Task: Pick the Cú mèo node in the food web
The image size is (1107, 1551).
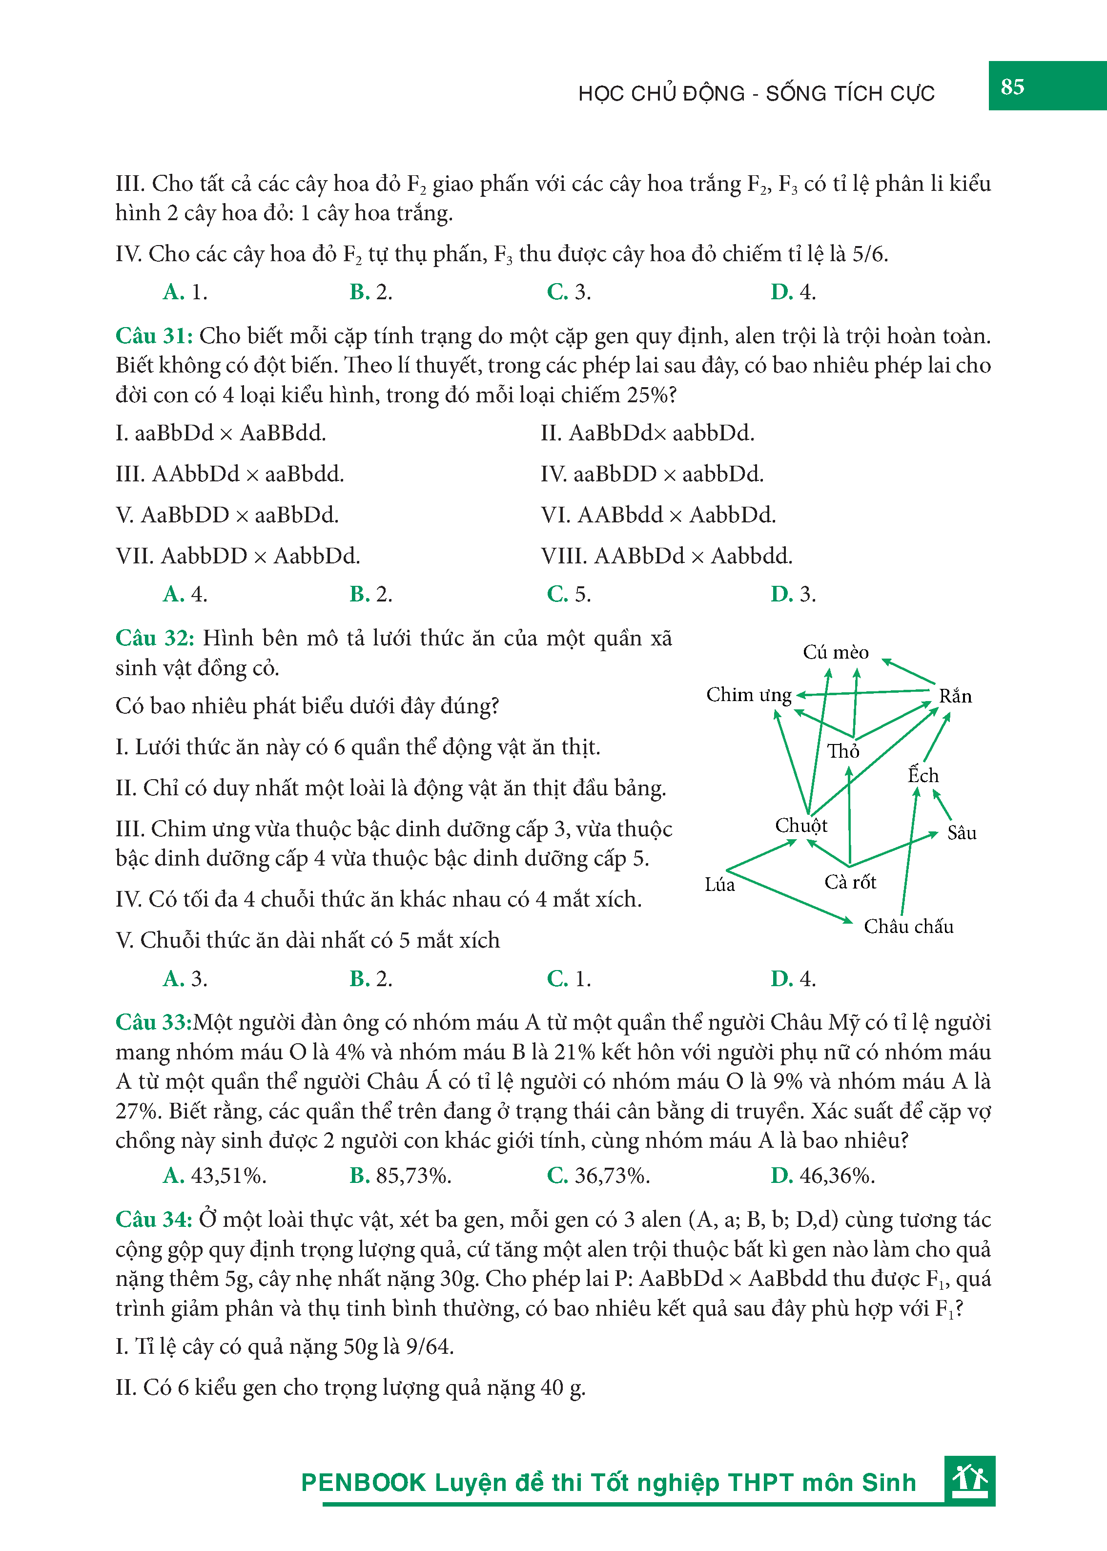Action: point(835,652)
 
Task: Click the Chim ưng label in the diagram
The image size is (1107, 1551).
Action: point(748,695)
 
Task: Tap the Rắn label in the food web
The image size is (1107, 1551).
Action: point(955,696)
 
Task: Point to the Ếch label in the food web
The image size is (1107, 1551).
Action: point(923,775)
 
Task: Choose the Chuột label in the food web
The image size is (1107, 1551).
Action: point(801,826)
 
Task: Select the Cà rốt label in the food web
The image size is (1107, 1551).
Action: point(850,882)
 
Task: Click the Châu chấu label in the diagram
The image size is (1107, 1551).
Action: point(909,927)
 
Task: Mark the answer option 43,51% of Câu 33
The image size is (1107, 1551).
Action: point(215,1176)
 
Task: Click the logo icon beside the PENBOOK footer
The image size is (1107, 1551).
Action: point(969,1481)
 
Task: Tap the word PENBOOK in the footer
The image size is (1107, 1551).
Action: point(363,1483)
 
